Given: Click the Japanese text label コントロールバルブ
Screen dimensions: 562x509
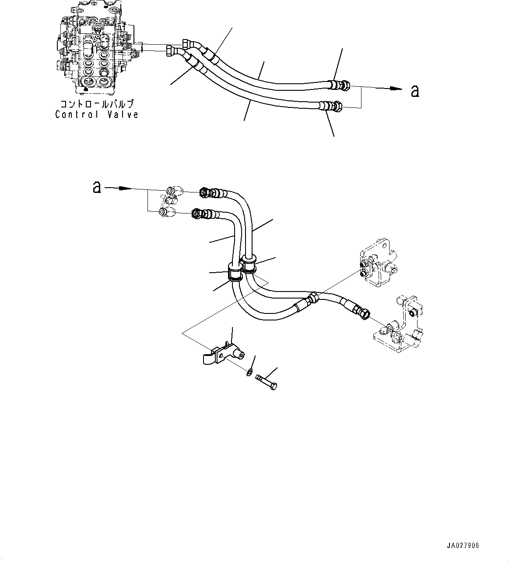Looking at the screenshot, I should (x=97, y=104).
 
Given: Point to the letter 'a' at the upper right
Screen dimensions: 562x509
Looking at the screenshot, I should (x=414, y=91).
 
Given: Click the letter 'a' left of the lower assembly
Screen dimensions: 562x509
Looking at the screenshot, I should (x=97, y=187).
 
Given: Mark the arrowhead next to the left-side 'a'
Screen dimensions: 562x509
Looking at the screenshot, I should (x=125, y=189).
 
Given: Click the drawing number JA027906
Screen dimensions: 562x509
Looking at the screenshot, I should (x=463, y=546).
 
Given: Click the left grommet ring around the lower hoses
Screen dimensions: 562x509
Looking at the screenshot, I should (x=235, y=273).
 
